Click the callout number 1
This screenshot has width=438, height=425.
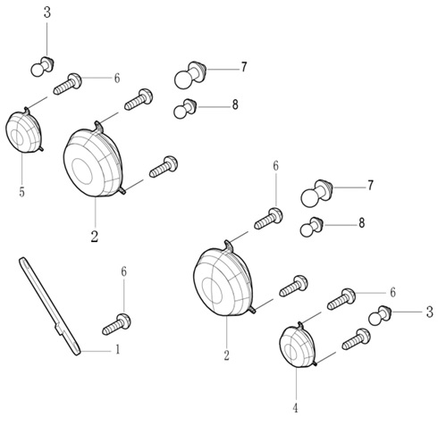pos(118,349)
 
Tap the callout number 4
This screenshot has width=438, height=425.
pos(295,407)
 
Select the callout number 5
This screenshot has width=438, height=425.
pos(21,192)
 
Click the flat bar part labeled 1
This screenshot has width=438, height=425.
pos(50,306)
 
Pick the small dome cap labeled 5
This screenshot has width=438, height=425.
pos(24,131)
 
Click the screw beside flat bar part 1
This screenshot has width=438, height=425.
pos(116,324)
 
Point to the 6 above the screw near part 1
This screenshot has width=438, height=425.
pos(123,272)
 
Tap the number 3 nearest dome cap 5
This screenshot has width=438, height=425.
pos(47,12)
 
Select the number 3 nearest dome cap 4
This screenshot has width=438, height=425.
pos(429,312)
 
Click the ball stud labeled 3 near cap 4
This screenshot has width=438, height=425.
pos(380,316)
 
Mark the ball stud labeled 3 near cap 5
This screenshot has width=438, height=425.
pos(42,66)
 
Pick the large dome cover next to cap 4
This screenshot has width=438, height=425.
pos(223,279)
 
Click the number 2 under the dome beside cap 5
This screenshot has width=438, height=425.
pos(95,237)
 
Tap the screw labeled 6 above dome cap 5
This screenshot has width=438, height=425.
pos(67,84)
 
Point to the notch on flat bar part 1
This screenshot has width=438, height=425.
pos(59,329)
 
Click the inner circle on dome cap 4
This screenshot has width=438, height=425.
pos(291,352)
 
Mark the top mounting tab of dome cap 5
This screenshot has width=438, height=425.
pos(27,111)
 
